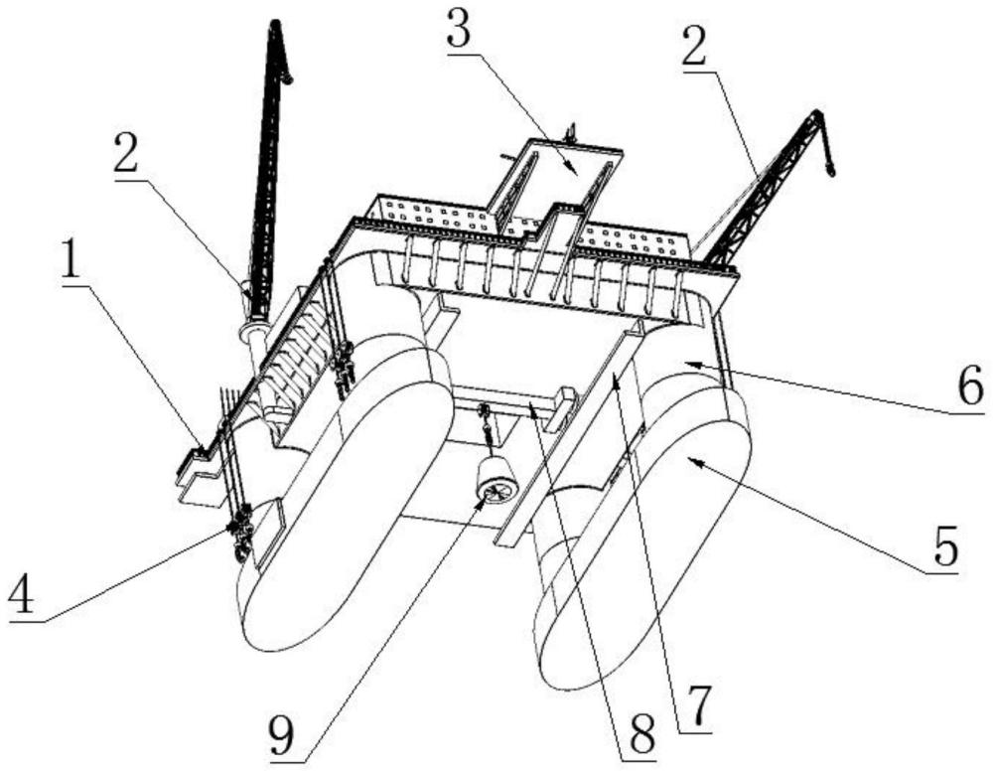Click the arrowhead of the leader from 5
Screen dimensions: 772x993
click(x=687, y=459)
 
